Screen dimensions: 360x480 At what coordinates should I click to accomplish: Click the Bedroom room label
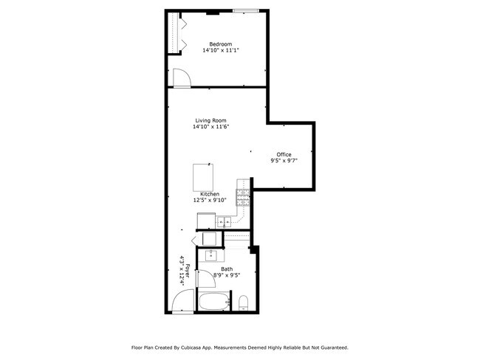click(x=221, y=44)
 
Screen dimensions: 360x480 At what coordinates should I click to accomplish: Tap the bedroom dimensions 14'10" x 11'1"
click(x=221, y=50)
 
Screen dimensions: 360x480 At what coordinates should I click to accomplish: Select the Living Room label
click(x=210, y=120)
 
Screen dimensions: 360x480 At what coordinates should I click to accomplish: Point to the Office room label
click(x=284, y=154)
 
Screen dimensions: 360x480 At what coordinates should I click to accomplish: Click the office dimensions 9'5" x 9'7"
click(x=284, y=161)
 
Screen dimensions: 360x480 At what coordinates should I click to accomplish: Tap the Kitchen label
click(x=210, y=194)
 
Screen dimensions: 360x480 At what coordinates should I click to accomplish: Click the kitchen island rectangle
click(x=204, y=177)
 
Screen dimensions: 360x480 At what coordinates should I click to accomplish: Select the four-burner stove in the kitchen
click(x=243, y=197)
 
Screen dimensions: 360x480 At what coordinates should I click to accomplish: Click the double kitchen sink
click(x=224, y=221)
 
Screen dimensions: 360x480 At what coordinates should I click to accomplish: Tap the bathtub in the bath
click(x=214, y=302)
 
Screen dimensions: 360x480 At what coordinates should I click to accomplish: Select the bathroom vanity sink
click(x=210, y=256)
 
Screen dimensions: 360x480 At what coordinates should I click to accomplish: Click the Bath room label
click(x=227, y=269)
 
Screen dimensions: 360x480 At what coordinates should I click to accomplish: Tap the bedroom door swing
click(x=182, y=76)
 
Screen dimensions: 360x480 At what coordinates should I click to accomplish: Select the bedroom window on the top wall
click(x=245, y=11)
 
